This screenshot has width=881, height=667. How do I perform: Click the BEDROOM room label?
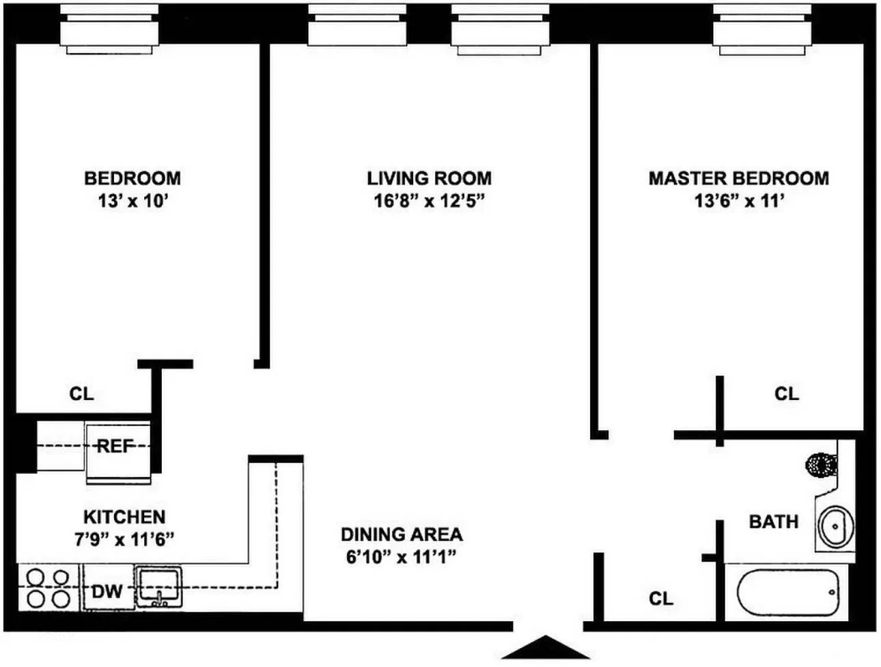(x=132, y=178)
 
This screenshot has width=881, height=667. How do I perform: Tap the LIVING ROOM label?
(x=429, y=178)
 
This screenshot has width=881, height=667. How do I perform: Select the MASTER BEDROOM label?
(x=738, y=178)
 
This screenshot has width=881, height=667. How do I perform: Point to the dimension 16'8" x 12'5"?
(x=429, y=201)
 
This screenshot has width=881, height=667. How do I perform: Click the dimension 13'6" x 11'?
(x=739, y=201)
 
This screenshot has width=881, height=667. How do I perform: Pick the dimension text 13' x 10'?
(x=132, y=201)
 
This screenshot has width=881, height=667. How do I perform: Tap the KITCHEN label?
(x=124, y=517)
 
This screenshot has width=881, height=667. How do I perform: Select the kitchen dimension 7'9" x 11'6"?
(x=124, y=539)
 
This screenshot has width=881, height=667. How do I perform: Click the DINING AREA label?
(x=402, y=534)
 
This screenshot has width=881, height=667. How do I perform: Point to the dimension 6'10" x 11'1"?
(x=401, y=557)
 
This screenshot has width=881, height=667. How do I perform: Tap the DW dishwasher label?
(x=107, y=591)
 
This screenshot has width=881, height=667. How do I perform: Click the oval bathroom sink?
(x=836, y=526)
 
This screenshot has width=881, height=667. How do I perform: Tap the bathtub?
(x=788, y=592)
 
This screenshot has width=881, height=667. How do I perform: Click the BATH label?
(x=773, y=522)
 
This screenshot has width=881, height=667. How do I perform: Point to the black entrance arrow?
(x=545, y=648)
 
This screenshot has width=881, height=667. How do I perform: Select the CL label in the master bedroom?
(x=786, y=394)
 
